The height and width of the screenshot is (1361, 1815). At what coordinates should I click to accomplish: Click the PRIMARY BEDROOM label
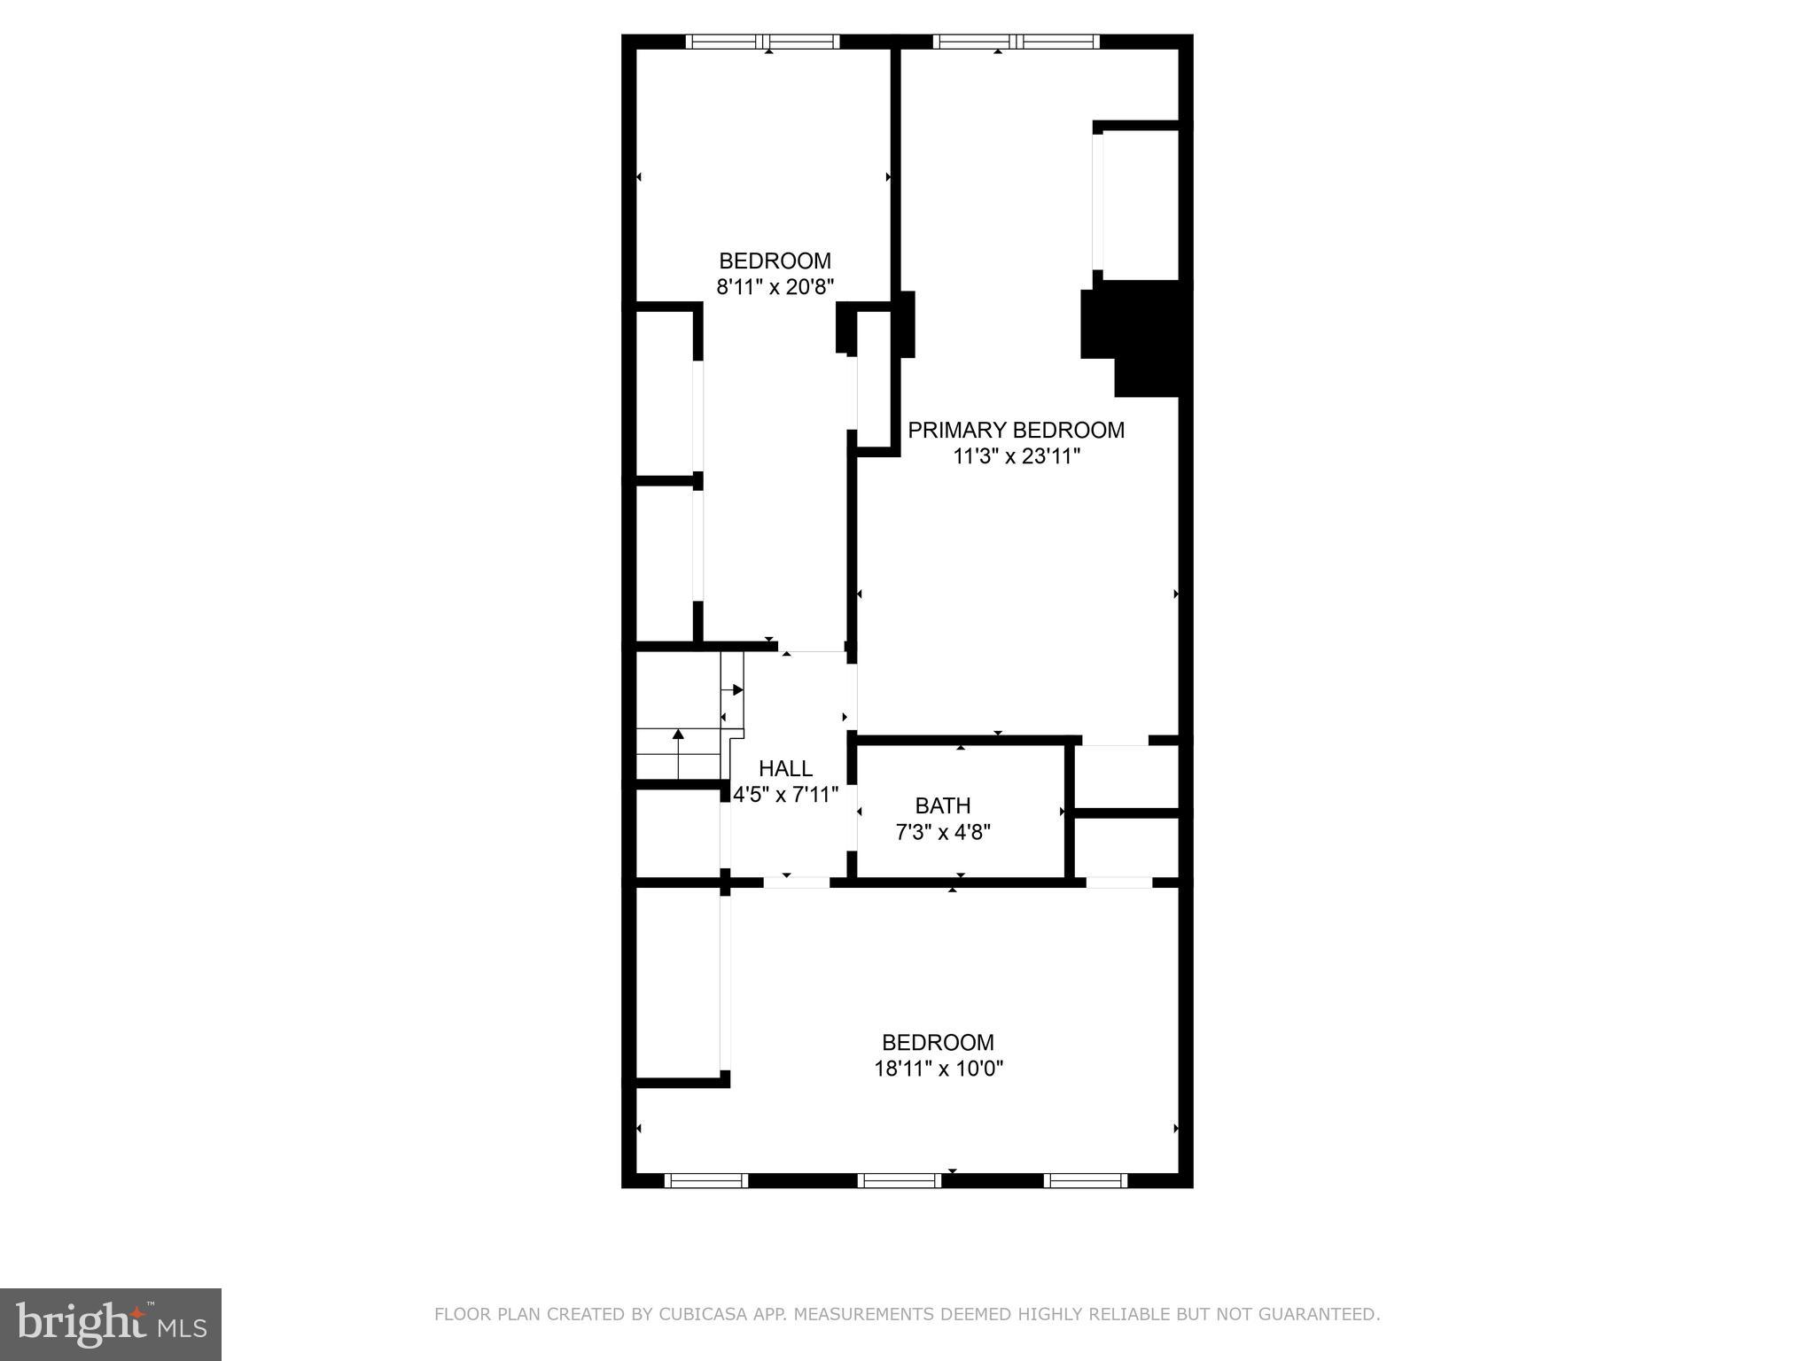click(x=1016, y=431)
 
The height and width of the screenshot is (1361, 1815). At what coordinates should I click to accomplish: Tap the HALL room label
click(x=785, y=768)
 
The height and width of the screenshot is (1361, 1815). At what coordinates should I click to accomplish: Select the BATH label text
click(x=942, y=806)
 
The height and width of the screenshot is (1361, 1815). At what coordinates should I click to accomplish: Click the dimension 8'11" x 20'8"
click(x=775, y=287)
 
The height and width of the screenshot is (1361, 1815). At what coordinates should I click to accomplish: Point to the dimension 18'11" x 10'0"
click(x=939, y=1069)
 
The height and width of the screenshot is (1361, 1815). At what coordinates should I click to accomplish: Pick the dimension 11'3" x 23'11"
click(x=1017, y=456)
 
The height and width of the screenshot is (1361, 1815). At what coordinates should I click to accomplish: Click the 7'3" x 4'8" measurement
click(x=942, y=833)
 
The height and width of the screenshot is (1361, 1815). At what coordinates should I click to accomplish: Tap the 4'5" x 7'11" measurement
click(x=785, y=795)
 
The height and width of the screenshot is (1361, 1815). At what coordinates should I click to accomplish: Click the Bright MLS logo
click(x=111, y=1325)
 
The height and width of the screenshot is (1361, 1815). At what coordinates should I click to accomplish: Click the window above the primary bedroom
click(x=1016, y=42)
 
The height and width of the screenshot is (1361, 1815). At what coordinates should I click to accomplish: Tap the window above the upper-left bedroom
click(x=763, y=42)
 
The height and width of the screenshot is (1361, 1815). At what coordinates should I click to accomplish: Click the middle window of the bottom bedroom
click(x=900, y=1180)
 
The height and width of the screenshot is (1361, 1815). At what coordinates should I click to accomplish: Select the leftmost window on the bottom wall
click(x=705, y=1180)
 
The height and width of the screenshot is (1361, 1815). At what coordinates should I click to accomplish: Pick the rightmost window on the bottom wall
click(x=1085, y=1180)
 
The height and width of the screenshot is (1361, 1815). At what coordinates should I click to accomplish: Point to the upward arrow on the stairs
click(x=678, y=735)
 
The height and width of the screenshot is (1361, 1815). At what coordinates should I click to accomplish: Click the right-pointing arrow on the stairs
click(x=737, y=689)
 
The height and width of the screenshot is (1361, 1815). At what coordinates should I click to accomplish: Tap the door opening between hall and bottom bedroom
click(x=796, y=883)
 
